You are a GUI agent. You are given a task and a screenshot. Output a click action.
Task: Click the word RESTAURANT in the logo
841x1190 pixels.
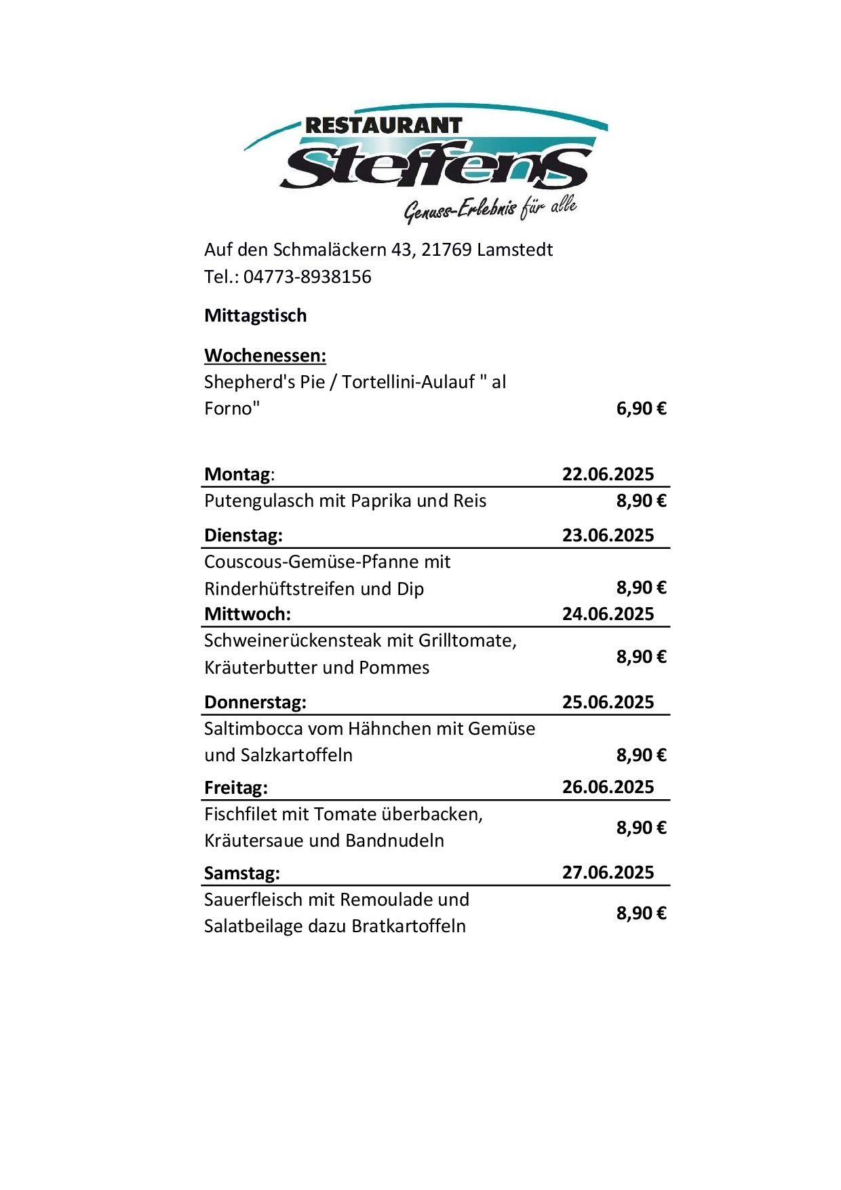(383, 126)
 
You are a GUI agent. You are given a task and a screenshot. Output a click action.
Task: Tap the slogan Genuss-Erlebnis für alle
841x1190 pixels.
(490, 208)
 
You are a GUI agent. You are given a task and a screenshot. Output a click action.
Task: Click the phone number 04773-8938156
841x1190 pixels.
(307, 277)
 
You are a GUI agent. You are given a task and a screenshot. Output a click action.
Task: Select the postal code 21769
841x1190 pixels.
(446, 250)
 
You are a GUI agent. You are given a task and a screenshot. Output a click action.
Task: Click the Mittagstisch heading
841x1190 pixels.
(256, 315)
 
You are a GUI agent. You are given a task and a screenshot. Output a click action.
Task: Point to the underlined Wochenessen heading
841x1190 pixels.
(265, 356)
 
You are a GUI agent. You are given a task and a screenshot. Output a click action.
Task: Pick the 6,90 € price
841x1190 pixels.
(641, 408)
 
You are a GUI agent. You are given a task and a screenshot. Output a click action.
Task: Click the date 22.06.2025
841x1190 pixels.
(608, 474)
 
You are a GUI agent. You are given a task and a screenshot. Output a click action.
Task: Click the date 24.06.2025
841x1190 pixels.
(608, 614)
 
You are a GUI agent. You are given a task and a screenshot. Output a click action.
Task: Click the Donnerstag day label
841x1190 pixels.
(255, 702)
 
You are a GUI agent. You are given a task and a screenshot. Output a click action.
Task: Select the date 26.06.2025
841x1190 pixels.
(608, 787)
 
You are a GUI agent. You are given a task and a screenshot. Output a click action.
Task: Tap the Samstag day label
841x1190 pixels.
(242, 873)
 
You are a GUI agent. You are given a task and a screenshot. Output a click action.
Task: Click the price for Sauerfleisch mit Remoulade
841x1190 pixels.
(641, 913)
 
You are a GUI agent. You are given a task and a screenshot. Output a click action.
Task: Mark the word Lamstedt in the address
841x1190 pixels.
(515, 250)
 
